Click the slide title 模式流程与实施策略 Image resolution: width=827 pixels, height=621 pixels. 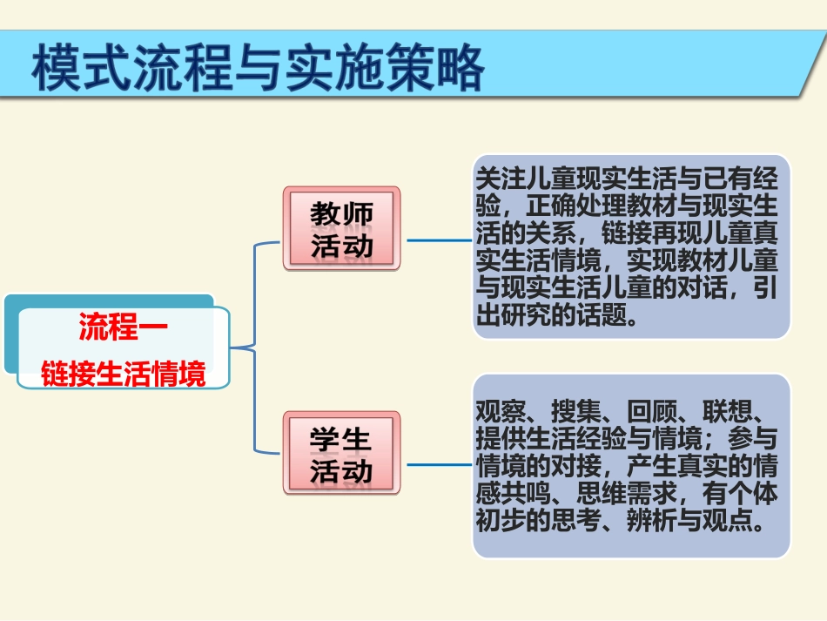[x=258, y=67]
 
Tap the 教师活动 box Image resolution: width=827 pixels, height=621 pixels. [x=341, y=229]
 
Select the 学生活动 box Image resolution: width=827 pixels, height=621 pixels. [x=341, y=454]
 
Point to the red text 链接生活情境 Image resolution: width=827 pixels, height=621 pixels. [x=124, y=375]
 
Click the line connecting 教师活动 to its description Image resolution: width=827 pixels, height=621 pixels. [x=439, y=240]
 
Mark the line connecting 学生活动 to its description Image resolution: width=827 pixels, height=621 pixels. [x=439, y=464]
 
